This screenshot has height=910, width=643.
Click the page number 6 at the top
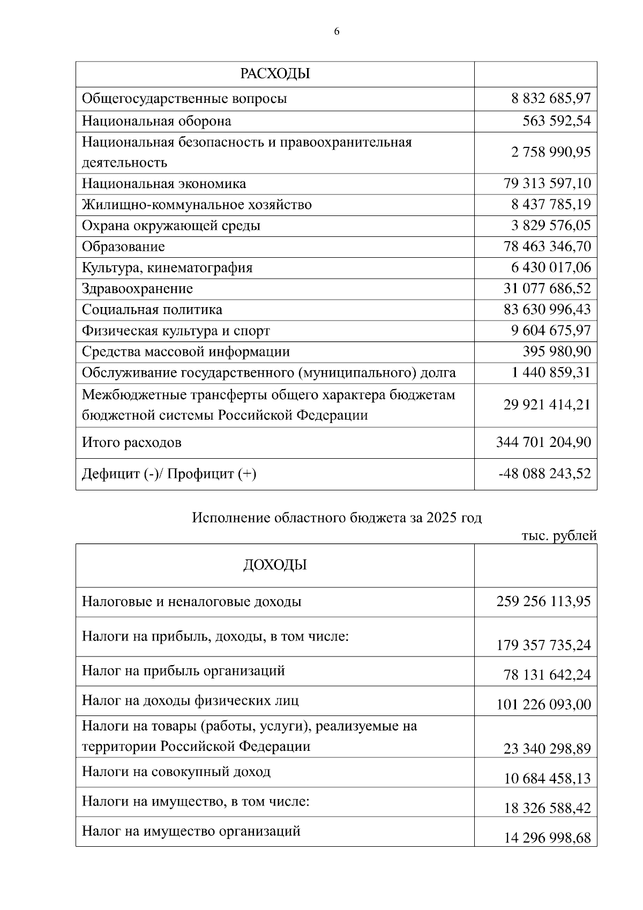337,32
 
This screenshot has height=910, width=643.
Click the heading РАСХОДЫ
275,73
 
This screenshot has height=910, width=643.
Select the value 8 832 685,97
551,99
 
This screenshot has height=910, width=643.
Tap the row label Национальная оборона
156,121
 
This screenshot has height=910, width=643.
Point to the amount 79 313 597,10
547,184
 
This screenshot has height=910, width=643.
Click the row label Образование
123,247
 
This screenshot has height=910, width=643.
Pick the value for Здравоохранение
547,289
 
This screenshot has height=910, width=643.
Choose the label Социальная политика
152,310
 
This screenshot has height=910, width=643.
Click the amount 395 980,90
557,352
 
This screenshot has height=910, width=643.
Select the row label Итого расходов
131,443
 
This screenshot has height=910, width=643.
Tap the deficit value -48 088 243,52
544,474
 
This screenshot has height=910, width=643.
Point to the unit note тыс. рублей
559,535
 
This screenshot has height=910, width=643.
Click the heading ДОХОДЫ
275,565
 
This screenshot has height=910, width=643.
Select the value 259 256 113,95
543,601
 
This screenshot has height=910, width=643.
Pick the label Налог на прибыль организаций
183,671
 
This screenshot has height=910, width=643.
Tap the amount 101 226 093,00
543,704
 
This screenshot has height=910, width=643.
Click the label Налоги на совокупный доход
176,772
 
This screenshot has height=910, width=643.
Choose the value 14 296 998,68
547,837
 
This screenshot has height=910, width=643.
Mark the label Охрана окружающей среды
171,226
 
